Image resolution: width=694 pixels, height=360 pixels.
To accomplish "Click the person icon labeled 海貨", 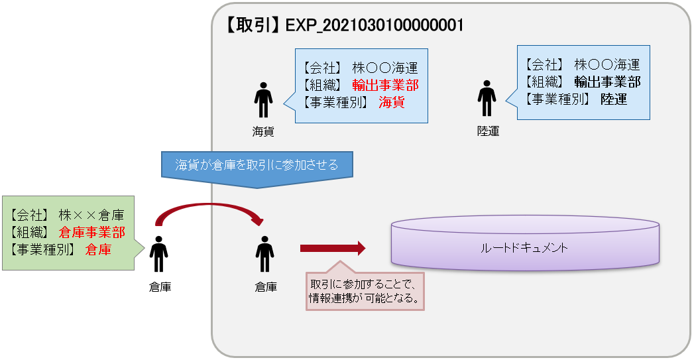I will tap(263, 100).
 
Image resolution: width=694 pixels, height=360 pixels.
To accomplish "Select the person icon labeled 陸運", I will tap(487, 99).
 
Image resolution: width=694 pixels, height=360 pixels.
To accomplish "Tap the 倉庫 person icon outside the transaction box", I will tap(158, 254).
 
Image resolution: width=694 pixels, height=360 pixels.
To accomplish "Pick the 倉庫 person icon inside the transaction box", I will tap(264, 254).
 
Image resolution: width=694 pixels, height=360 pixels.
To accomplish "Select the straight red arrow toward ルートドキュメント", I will tap(332, 249).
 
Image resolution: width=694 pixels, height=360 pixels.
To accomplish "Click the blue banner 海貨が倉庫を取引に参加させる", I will tap(257, 166).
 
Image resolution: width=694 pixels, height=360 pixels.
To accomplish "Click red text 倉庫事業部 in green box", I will tap(91, 233).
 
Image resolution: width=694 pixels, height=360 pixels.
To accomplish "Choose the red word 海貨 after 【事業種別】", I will tap(391, 102).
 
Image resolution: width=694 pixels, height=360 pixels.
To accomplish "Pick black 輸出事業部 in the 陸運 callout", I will tap(607, 82).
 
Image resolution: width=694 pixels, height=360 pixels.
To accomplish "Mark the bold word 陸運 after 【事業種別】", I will tap(614, 99).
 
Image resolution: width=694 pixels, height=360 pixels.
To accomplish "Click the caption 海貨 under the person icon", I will tap(263, 131).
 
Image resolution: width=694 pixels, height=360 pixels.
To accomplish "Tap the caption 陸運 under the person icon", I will tap(488, 131).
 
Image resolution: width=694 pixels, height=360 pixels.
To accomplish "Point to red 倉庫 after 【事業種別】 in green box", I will tap(98, 250).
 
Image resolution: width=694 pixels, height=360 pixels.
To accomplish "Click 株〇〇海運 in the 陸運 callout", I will tap(607, 64).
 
